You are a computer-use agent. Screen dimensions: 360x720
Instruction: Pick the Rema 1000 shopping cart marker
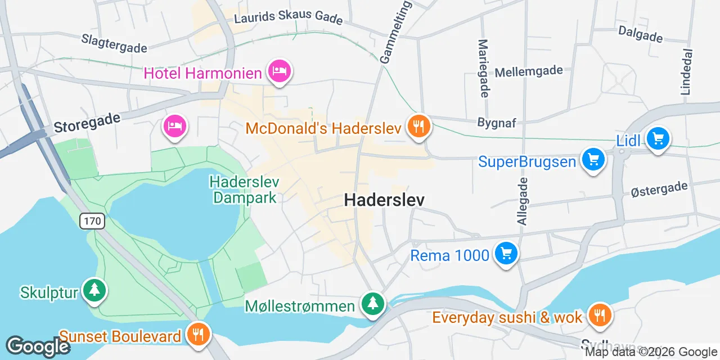(x=506, y=254)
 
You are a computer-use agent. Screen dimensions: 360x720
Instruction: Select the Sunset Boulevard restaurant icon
(x=198, y=335)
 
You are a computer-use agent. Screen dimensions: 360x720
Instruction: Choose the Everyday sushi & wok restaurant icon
(x=600, y=315)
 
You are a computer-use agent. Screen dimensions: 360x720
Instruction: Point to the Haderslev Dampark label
(x=244, y=190)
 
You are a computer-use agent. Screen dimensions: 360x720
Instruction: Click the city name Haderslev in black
(x=384, y=200)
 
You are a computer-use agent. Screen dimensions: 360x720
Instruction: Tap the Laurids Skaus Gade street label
(x=288, y=17)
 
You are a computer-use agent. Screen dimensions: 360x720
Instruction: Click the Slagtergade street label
(x=114, y=43)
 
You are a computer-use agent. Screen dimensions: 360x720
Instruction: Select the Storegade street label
(x=87, y=123)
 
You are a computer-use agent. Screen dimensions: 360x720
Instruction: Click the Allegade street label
(x=523, y=201)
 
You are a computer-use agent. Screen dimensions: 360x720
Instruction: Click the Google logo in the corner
(x=38, y=346)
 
